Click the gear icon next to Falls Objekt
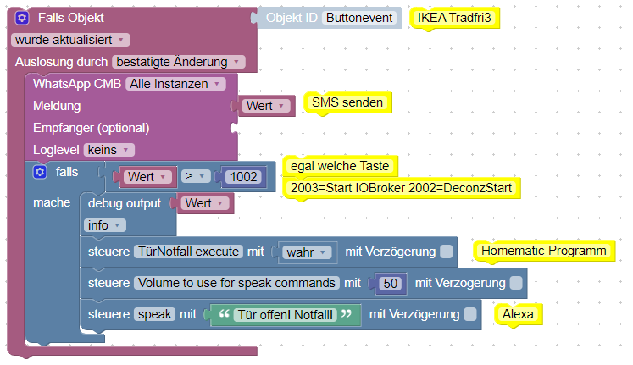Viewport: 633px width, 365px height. (x=21, y=18)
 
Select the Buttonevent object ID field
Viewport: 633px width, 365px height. (x=360, y=18)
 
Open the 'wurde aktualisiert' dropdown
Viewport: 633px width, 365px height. (x=71, y=39)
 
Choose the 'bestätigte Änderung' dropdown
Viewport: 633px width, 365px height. (x=179, y=61)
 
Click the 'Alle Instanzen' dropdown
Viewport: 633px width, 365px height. (x=176, y=83)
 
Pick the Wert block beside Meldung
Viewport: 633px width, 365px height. (x=266, y=106)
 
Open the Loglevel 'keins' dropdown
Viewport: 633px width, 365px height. (x=109, y=150)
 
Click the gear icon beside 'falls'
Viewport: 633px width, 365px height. (x=39, y=172)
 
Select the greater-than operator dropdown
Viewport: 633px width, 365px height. (x=196, y=177)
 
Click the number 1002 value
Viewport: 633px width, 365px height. (x=246, y=177)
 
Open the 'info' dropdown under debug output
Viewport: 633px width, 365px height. (x=105, y=225)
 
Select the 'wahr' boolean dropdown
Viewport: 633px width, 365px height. (x=307, y=252)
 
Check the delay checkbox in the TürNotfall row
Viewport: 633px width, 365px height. (x=447, y=252)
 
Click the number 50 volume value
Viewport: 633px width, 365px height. (x=390, y=283)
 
